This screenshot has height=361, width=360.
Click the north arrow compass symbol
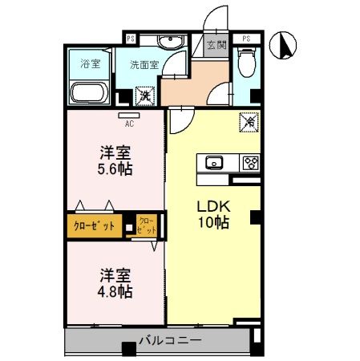click(x=283, y=45)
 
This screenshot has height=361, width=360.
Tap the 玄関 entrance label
click(x=217, y=45)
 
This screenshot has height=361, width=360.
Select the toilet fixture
click(x=246, y=63)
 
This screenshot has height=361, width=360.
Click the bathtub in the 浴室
click(x=87, y=93)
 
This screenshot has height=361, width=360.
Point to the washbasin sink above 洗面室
click(x=171, y=42)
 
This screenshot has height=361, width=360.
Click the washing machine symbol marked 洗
click(x=145, y=95)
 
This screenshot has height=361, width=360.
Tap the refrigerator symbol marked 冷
click(x=249, y=122)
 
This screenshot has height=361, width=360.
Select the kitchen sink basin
click(x=214, y=162)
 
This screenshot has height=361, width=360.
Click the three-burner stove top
click(x=251, y=162)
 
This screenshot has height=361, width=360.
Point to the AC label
click(x=129, y=124)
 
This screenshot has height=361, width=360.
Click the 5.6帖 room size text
click(x=115, y=169)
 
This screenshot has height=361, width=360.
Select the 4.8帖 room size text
click(x=115, y=292)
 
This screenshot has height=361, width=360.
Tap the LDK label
click(x=213, y=206)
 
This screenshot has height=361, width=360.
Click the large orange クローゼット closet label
click(x=94, y=226)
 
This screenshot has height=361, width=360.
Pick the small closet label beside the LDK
click(x=147, y=225)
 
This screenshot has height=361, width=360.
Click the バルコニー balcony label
click(x=170, y=340)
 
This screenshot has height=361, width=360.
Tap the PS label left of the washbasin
click(x=131, y=39)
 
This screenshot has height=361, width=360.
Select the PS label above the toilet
click(x=246, y=39)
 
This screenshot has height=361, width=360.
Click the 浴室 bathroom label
click(x=91, y=63)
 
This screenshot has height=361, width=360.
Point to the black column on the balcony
click(x=129, y=349)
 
